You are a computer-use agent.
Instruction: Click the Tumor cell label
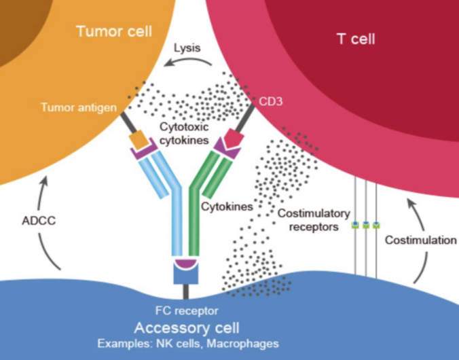[x=113, y=31]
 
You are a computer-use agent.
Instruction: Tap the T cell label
[x=355, y=39]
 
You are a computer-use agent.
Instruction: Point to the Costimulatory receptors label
[x=308, y=219]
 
